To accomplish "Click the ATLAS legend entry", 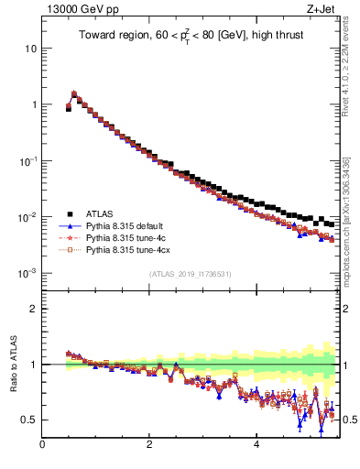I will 101,214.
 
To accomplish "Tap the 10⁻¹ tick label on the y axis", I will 27,160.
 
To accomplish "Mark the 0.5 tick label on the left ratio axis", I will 28,420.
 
